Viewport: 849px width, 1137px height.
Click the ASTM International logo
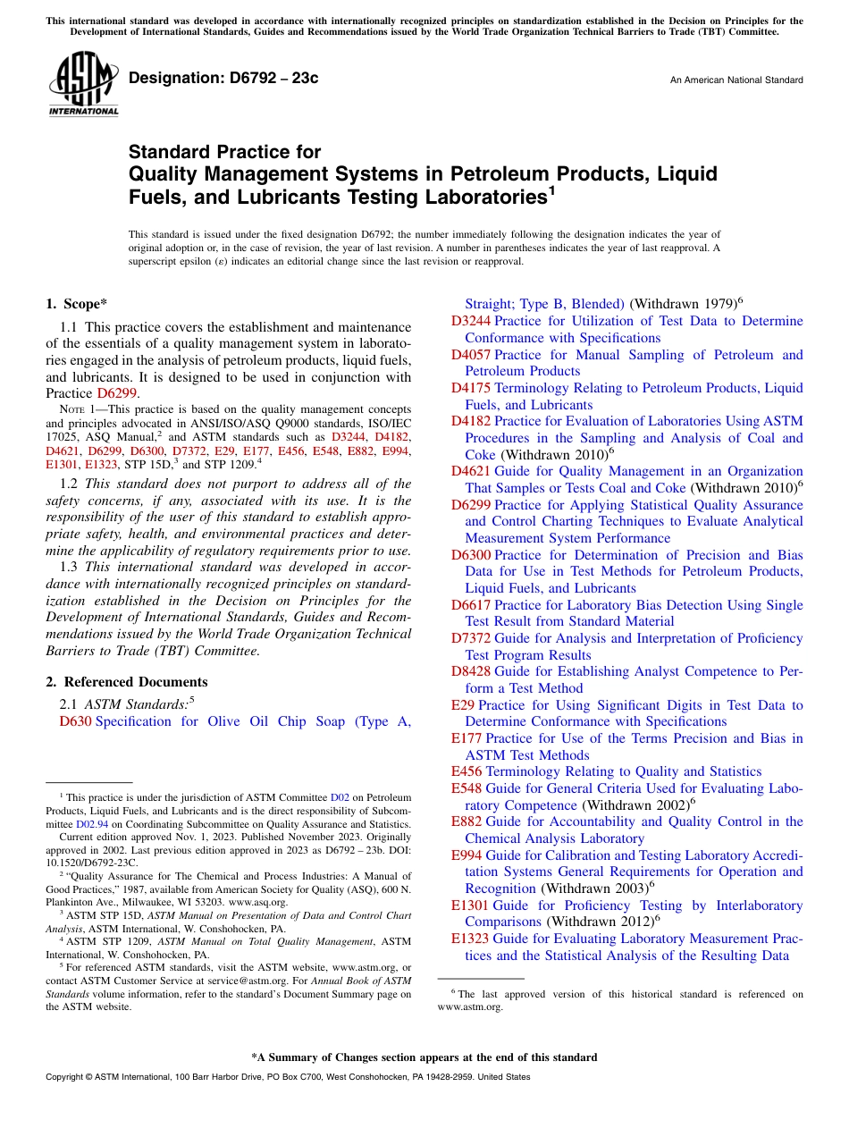coord(83,84)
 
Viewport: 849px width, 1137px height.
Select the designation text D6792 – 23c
coord(223,79)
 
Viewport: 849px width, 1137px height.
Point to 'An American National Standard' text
coord(736,80)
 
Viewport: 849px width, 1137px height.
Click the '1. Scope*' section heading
coord(77,304)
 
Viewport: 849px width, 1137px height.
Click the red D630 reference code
coord(75,722)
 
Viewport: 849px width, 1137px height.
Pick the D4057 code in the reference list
coord(470,355)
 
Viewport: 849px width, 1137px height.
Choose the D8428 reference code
coord(470,672)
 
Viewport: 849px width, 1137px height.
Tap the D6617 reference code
coord(470,605)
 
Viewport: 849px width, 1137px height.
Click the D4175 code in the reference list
coord(470,388)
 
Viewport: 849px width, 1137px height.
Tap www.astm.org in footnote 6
coord(470,1006)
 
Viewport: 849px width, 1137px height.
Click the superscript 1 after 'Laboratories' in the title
coord(552,189)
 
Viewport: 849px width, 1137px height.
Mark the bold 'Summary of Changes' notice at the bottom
coord(424,1057)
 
